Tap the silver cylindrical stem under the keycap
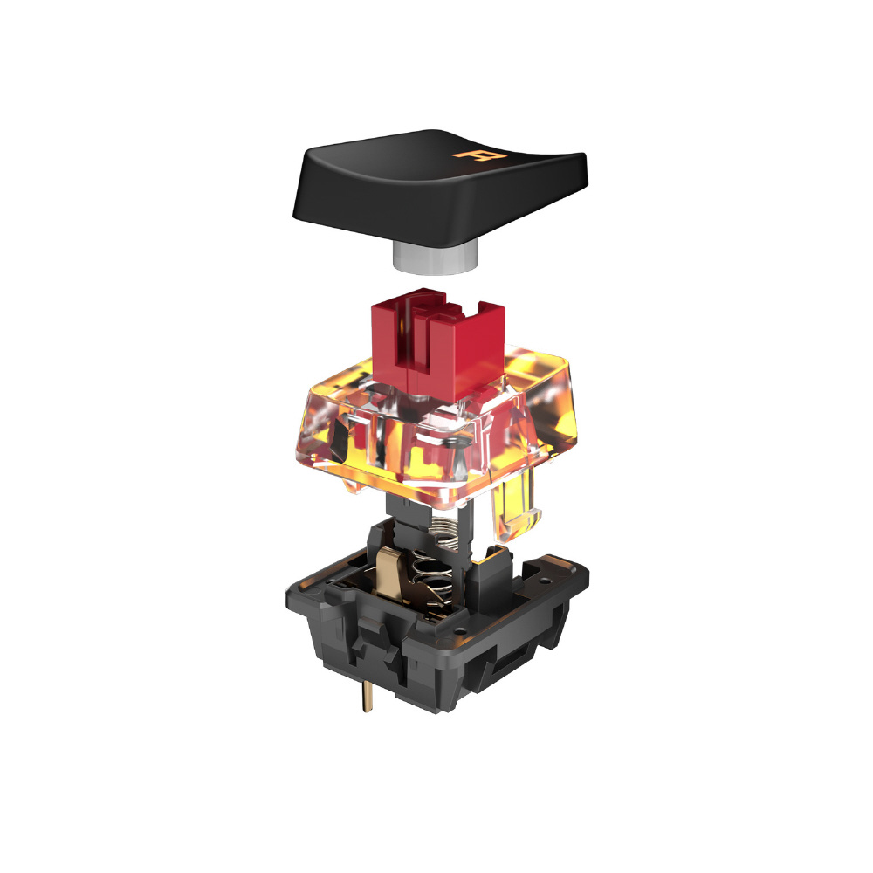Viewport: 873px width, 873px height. click(436, 258)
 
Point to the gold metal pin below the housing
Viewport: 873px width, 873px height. click(367, 696)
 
